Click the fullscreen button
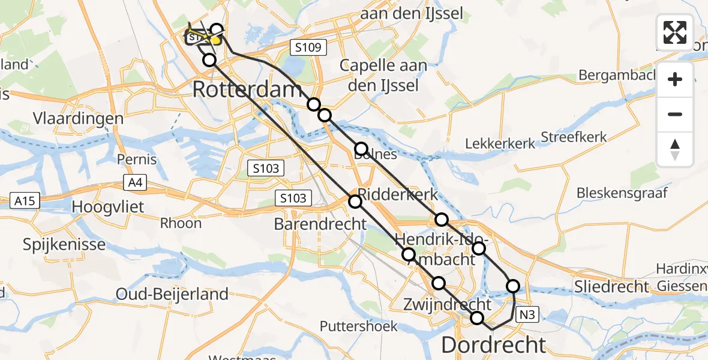click(675, 32)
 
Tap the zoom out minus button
click(675, 114)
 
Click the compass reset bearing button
click(675, 149)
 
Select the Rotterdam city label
click(247, 91)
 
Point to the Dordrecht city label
click(494, 345)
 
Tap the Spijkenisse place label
click(64, 244)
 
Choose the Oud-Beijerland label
click(173, 294)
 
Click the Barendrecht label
click(320, 224)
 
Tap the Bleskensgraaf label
click(622, 193)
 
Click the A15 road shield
click(25, 201)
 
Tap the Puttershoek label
click(359, 326)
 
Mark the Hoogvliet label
click(110, 206)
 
